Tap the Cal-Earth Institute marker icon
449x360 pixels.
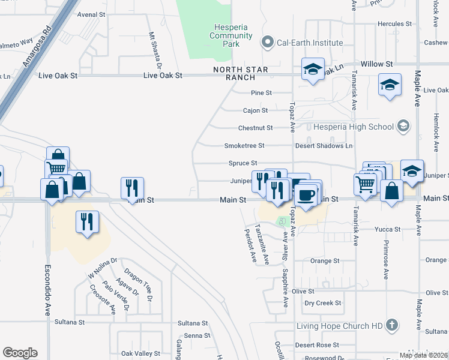point(267,43)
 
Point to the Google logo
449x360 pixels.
point(20,353)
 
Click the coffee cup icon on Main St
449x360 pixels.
point(307,196)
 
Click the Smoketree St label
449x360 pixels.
point(244,146)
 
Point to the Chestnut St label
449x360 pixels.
point(256,128)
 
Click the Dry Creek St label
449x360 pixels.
point(322,303)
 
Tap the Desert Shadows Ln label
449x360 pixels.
point(324,146)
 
